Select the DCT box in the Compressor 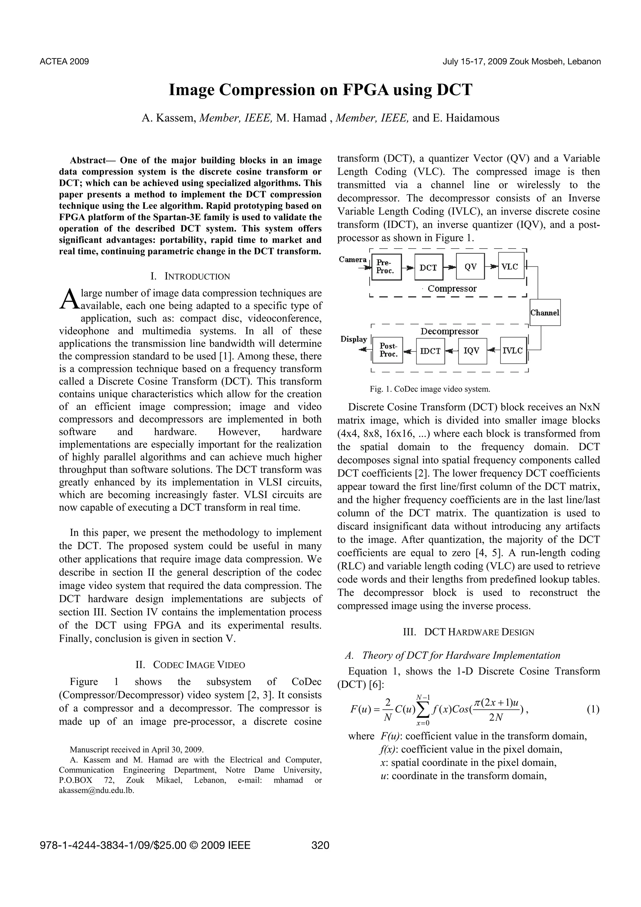click(x=428, y=267)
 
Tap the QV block click(x=470, y=267)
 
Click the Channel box click(x=545, y=312)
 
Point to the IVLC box click(x=513, y=350)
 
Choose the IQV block click(x=472, y=351)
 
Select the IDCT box click(x=430, y=351)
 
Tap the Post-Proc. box click(x=388, y=350)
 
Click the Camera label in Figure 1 click(x=352, y=260)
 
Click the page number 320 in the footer click(x=320, y=845)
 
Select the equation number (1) click(x=593, y=709)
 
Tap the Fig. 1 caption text click(x=430, y=389)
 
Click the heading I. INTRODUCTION click(x=190, y=276)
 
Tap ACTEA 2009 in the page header click(x=64, y=62)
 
